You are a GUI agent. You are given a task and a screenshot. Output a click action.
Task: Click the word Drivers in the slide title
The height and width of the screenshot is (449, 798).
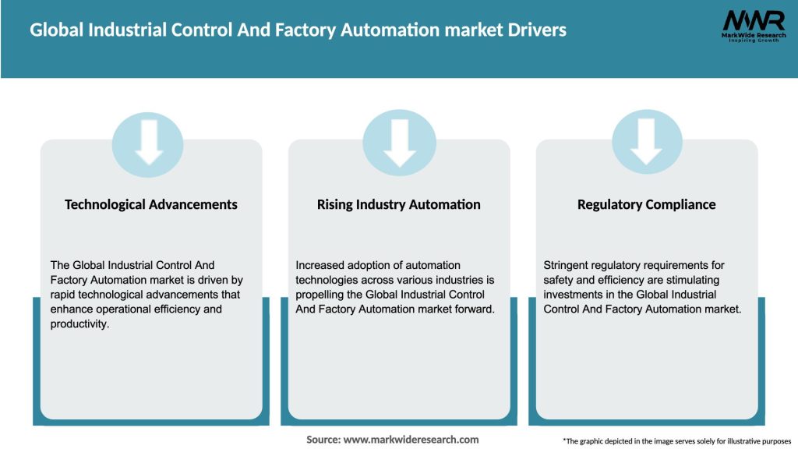click(535, 30)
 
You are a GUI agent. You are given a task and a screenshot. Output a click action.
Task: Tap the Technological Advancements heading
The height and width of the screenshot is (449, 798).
click(150, 204)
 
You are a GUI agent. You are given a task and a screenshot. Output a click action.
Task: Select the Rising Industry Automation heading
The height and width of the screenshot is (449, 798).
click(398, 204)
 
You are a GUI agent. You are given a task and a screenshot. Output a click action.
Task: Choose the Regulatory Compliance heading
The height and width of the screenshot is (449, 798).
click(646, 204)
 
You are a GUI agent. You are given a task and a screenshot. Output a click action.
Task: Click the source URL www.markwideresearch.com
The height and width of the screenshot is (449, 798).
click(411, 440)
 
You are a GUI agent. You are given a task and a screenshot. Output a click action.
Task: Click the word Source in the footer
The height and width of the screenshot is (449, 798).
click(323, 440)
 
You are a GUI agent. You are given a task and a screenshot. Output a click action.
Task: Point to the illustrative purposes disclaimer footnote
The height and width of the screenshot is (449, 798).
click(676, 441)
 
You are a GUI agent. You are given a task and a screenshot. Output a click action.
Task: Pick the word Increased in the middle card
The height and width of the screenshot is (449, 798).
click(320, 265)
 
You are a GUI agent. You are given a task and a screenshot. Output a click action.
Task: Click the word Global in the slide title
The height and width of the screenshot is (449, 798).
click(54, 30)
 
